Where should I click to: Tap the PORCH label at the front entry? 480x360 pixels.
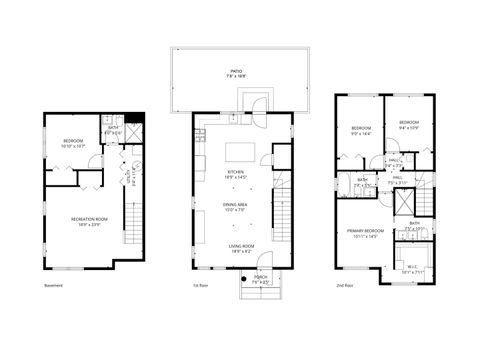[x=260, y=278]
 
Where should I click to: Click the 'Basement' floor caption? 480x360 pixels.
[x=54, y=286]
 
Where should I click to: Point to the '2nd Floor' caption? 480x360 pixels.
[x=345, y=286]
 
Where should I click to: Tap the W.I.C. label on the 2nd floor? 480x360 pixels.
[x=412, y=268]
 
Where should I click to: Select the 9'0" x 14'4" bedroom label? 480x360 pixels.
[x=361, y=129]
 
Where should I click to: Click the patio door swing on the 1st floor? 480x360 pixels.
[x=258, y=103]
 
